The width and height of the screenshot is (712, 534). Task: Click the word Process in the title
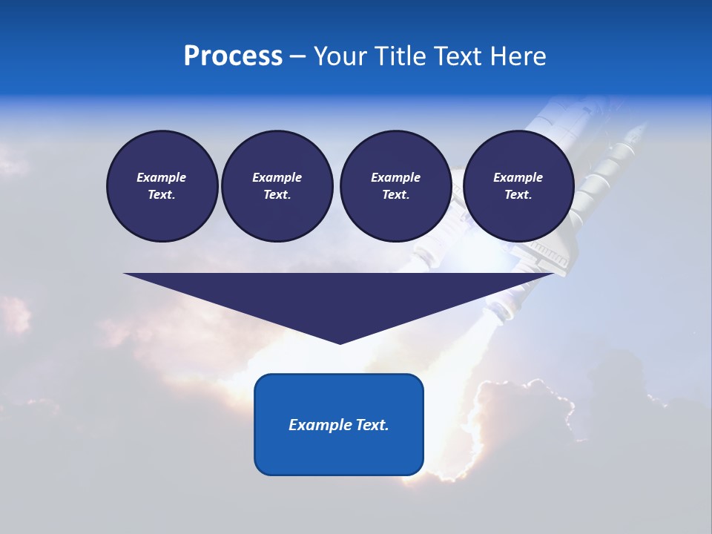click(233, 56)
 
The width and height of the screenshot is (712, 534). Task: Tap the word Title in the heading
click(400, 56)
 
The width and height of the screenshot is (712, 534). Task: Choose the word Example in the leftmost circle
click(162, 177)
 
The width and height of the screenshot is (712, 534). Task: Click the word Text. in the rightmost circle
click(518, 194)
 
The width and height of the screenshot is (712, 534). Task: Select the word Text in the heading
click(459, 56)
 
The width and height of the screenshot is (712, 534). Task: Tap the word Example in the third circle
click(395, 177)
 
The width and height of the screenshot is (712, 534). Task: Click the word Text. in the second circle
click(277, 194)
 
